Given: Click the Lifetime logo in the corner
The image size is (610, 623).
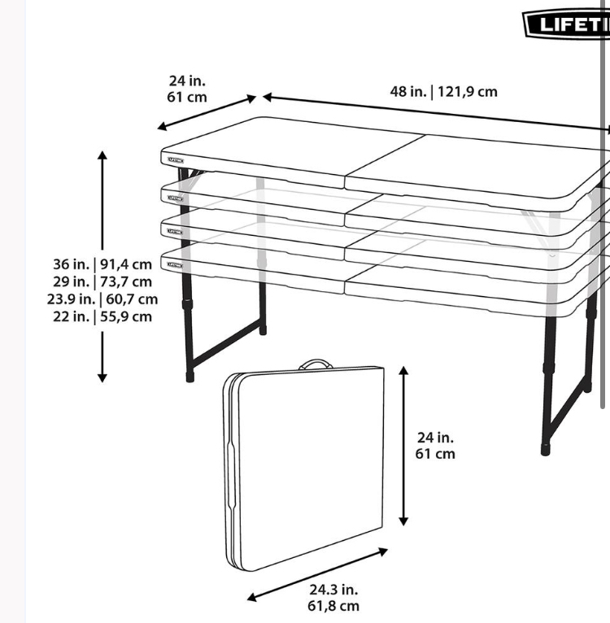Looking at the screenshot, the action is coord(567,24).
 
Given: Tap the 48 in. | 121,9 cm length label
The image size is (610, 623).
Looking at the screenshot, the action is coord(443,92).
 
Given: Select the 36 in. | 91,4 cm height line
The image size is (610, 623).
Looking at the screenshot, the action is coord(102,264).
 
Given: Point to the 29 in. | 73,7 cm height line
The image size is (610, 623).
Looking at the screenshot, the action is coord(102,281).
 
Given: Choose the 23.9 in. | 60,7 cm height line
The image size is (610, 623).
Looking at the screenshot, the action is coord(102,299).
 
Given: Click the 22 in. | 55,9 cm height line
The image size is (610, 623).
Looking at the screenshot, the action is coord(102,316).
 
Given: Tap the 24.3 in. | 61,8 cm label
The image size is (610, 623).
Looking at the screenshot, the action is coord(333,598).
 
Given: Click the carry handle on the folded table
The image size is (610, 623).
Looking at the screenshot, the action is coord(316,364).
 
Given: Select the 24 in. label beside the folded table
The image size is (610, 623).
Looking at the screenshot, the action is coord(435,446).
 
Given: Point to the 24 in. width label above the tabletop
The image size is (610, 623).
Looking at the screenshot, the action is coord(187,89).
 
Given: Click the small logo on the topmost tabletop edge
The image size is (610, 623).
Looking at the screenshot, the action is coord(176,160).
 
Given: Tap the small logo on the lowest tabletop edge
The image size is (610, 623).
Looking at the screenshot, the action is coord(175,265).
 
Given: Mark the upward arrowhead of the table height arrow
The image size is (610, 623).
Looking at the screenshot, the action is coord(102,155).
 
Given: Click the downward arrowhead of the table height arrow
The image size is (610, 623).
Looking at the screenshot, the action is coord(102,378).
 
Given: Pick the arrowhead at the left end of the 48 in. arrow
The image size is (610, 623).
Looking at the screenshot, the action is coord(267,97).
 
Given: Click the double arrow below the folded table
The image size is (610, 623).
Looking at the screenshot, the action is coord(317,574).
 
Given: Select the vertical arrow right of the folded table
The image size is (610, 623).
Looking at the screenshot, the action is coord(403,447).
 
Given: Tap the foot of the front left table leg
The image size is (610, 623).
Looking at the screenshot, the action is coord(190,377).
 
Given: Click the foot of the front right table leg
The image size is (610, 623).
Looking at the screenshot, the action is coord(545,450).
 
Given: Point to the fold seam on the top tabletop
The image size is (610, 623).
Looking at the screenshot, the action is coord(385,160).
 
